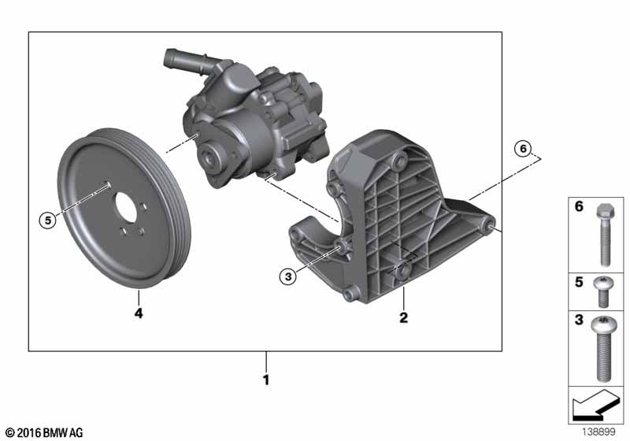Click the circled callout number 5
pos(48,220)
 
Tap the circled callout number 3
pos(288,276)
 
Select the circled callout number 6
pos(523,149)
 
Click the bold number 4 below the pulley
pos(139,313)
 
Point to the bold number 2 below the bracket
pos(404,317)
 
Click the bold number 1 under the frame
pos(265,380)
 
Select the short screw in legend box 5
pos(603,291)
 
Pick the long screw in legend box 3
pos(603,348)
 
